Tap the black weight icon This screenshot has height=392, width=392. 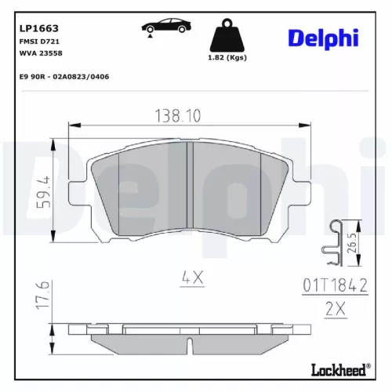[228, 36]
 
